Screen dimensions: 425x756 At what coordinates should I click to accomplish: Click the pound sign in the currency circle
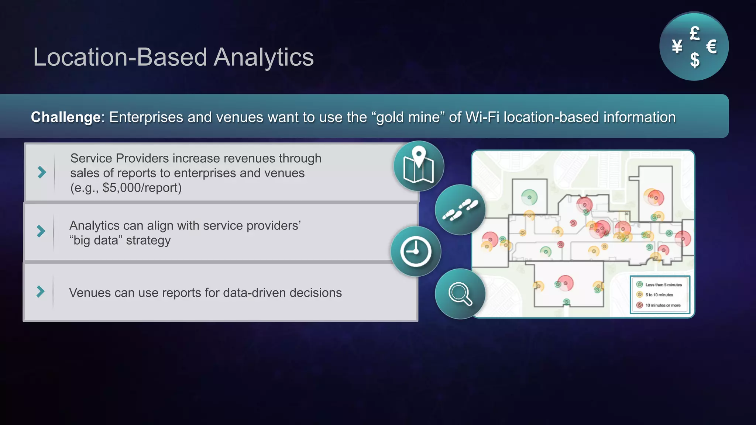(695, 34)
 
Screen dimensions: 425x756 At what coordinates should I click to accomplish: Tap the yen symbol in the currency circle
(677, 47)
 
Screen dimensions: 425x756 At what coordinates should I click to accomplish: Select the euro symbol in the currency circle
(711, 47)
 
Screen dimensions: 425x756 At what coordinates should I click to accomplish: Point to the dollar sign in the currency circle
(695, 60)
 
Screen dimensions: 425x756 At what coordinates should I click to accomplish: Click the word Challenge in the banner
(66, 117)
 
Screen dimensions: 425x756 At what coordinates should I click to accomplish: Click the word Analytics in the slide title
(264, 58)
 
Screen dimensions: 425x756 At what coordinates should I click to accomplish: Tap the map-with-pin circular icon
(419, 166)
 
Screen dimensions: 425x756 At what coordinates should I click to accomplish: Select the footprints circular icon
(460, 210)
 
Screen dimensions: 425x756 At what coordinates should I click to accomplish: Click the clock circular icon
(416, 252)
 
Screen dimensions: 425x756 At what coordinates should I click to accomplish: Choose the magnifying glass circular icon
(460, 294)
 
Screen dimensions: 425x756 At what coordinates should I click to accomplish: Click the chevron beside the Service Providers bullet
(42, 172)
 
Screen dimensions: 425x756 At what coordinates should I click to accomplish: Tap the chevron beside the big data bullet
(41, 231)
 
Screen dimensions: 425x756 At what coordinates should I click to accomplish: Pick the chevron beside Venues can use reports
(41, 291)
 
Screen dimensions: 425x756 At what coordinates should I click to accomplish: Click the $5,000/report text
(142, 188)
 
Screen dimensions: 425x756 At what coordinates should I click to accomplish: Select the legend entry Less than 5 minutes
(663, 285)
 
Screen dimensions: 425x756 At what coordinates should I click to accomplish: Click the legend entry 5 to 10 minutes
(659, 295)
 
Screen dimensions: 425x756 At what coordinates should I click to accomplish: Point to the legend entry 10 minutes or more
(662, 305)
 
